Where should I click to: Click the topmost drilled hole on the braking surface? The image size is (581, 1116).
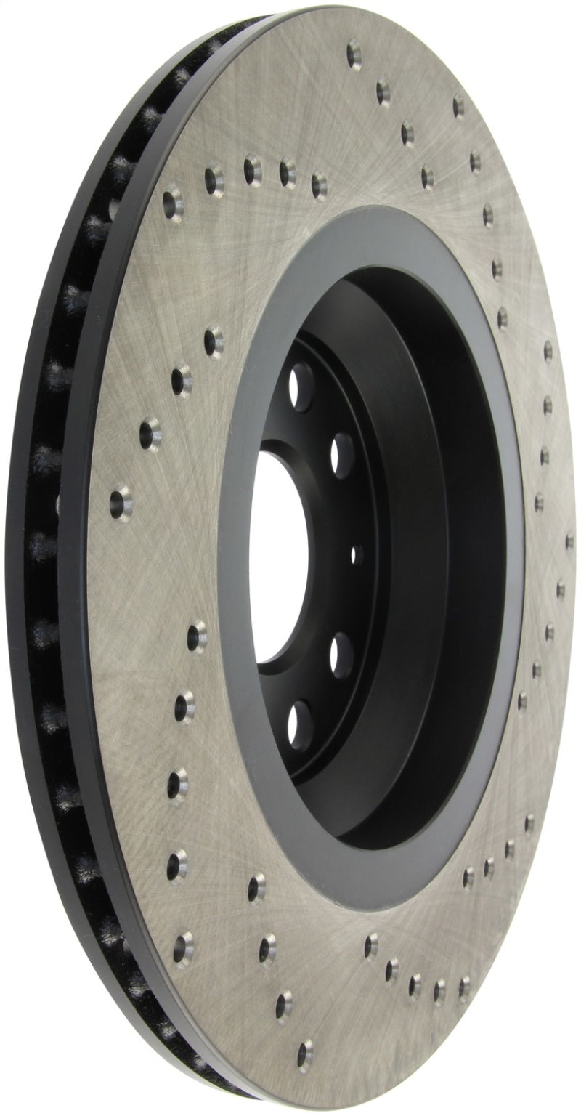[x=354, y=52]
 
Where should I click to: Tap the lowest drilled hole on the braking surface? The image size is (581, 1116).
[x=307, y=1050]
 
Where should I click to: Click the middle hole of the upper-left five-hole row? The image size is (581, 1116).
[x=251, y=166]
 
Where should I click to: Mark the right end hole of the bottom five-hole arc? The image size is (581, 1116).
[x=463, y=986]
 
